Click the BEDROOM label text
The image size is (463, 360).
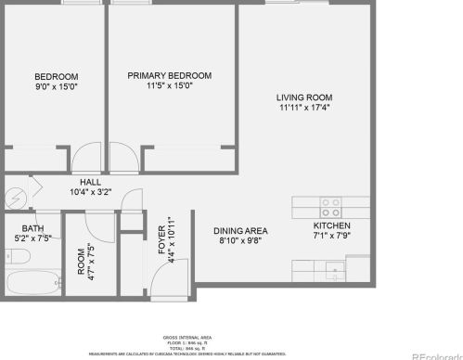56,76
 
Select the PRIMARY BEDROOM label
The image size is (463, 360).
170,75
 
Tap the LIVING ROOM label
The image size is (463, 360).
303,96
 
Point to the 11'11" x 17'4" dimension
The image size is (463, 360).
303,108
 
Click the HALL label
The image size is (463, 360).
90,183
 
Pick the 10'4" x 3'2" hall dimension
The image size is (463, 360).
90,193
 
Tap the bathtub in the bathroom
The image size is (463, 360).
31,282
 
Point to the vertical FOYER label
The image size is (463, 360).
161,239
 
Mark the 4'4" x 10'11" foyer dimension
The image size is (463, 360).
172,239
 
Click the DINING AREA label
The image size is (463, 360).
240,231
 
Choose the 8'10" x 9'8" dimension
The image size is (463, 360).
240,241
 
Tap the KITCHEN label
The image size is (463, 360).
331,225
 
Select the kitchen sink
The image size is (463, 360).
333,272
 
